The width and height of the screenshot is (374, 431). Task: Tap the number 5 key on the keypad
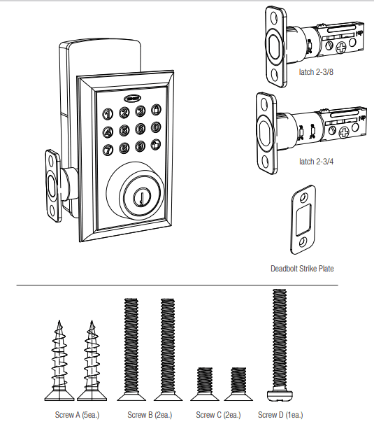click(124, 129)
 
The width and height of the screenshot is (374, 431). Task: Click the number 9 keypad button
click(139, 146)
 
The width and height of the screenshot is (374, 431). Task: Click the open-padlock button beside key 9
click(155, 145)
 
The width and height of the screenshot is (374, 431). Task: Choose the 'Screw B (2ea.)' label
click(150, 415)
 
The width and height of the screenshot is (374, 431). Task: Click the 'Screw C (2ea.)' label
click(219, 415)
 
